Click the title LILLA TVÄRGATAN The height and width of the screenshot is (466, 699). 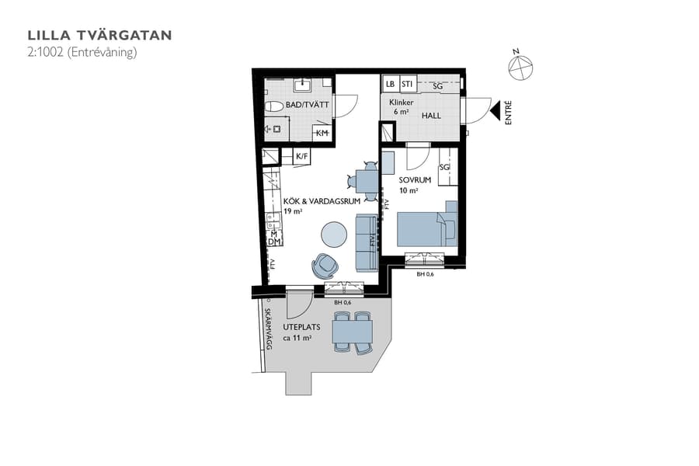[x=99, y=35]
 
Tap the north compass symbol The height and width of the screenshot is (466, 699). [x=520, y=68]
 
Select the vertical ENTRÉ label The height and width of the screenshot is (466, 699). [x=509, y=113]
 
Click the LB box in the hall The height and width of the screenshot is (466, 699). [x=390, y=85]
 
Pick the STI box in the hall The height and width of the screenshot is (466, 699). [x=407, y=85]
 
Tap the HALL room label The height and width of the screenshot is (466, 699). [x=431, y=116]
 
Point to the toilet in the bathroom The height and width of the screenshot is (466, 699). [x=274, y=106]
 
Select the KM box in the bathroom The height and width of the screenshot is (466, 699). [x=322, y=134]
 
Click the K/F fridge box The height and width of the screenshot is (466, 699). [x=302, y=157]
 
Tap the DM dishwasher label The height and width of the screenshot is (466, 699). [x=273, y=242]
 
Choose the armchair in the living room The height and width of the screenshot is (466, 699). [x=325, y=266]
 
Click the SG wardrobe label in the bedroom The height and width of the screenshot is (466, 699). [x=445, y=168]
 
